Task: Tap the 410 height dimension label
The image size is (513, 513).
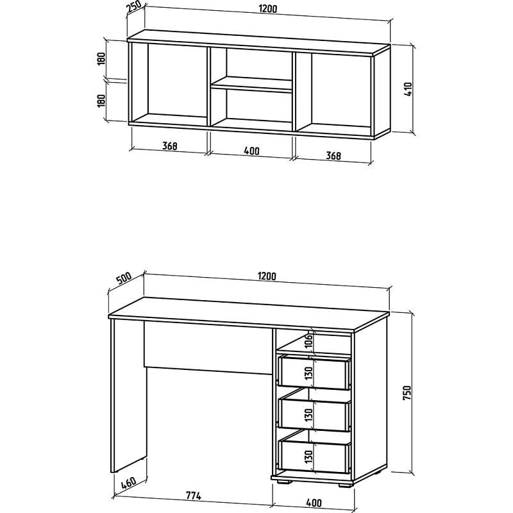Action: click(408, 88)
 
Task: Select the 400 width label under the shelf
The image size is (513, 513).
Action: click(251, 151)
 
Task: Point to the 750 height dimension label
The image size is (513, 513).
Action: click(407, 392)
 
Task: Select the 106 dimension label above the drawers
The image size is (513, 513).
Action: click(309, 342)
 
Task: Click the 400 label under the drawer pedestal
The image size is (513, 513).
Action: click(314, 502)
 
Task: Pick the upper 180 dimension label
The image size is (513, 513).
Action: click(101, 59)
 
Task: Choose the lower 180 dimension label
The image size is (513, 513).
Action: click(101, 101)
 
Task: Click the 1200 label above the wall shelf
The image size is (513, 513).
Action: click(268, 9)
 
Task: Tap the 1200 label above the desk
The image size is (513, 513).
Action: click(267, 276)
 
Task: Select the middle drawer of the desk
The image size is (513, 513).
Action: click(314, 414)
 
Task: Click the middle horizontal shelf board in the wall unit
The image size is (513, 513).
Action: click(251, 85)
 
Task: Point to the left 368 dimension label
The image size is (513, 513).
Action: click(170, 146)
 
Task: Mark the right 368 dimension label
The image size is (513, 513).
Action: click(333, 156)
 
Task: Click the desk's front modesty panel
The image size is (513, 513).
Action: click(208, 348)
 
